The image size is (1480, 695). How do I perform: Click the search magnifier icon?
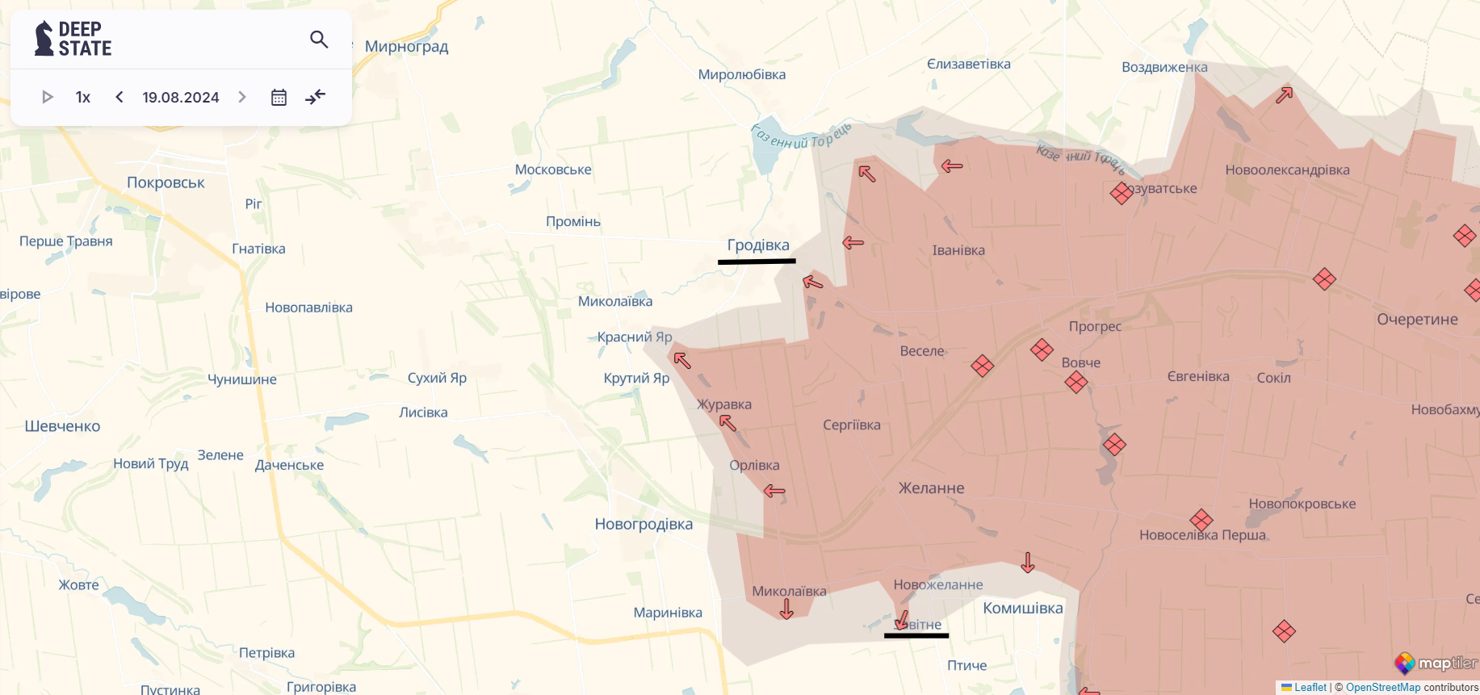click(x=319, y=39)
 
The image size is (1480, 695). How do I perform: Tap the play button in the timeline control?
click(x=47, y=97)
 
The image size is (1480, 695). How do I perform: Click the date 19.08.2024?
click(x=181, y=97)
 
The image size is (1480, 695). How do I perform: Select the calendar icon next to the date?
click(x=279, y=97)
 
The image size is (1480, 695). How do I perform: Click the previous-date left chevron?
click(x=119, y=97)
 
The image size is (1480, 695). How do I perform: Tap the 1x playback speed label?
click(x=82, y=97)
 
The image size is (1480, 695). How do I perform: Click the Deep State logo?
click(x=73, y=39)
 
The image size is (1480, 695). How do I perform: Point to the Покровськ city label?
click(x=166, y=182)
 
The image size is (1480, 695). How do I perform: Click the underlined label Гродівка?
click(x=758, y=245)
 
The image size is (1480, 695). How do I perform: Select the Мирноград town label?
click(x=406, y=46)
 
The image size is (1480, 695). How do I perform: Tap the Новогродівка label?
click(x=644, y=524)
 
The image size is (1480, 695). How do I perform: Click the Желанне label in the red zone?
click(x=931, y=488)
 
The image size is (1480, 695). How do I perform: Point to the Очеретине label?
click(x=1417, y=319)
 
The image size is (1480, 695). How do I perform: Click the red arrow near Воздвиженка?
click(x=1284, y=95)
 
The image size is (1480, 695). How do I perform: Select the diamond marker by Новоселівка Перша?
click(x=1201, y=520)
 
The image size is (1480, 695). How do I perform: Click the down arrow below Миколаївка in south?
click(x=786, y=609)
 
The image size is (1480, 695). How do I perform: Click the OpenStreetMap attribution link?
click(x=1382, y=688)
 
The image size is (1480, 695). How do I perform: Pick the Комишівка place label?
click(x=1022, y=608)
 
